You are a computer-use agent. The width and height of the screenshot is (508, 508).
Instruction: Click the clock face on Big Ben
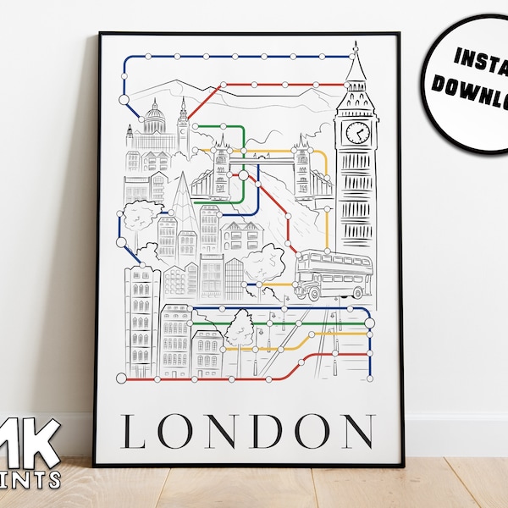click(x=357, y=133)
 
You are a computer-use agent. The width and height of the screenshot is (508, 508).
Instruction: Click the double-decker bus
click(x=333, y=273)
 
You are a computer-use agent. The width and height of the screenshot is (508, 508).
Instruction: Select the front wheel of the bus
click(x=312, y=293)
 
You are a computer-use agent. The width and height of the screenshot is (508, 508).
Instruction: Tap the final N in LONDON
click(x=358, y=432)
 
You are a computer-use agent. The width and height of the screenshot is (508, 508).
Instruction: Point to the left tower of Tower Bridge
click(x=222, y=167)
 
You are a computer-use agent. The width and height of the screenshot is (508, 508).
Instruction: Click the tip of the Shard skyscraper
click(x=185, y=174)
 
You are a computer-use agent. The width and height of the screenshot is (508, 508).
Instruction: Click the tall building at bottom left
click(x=141, y=317)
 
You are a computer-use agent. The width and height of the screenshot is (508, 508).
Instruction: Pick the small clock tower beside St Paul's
click(x=182, y=127)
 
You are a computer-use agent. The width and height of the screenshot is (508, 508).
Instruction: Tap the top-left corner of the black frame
click(x=100, y=35)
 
